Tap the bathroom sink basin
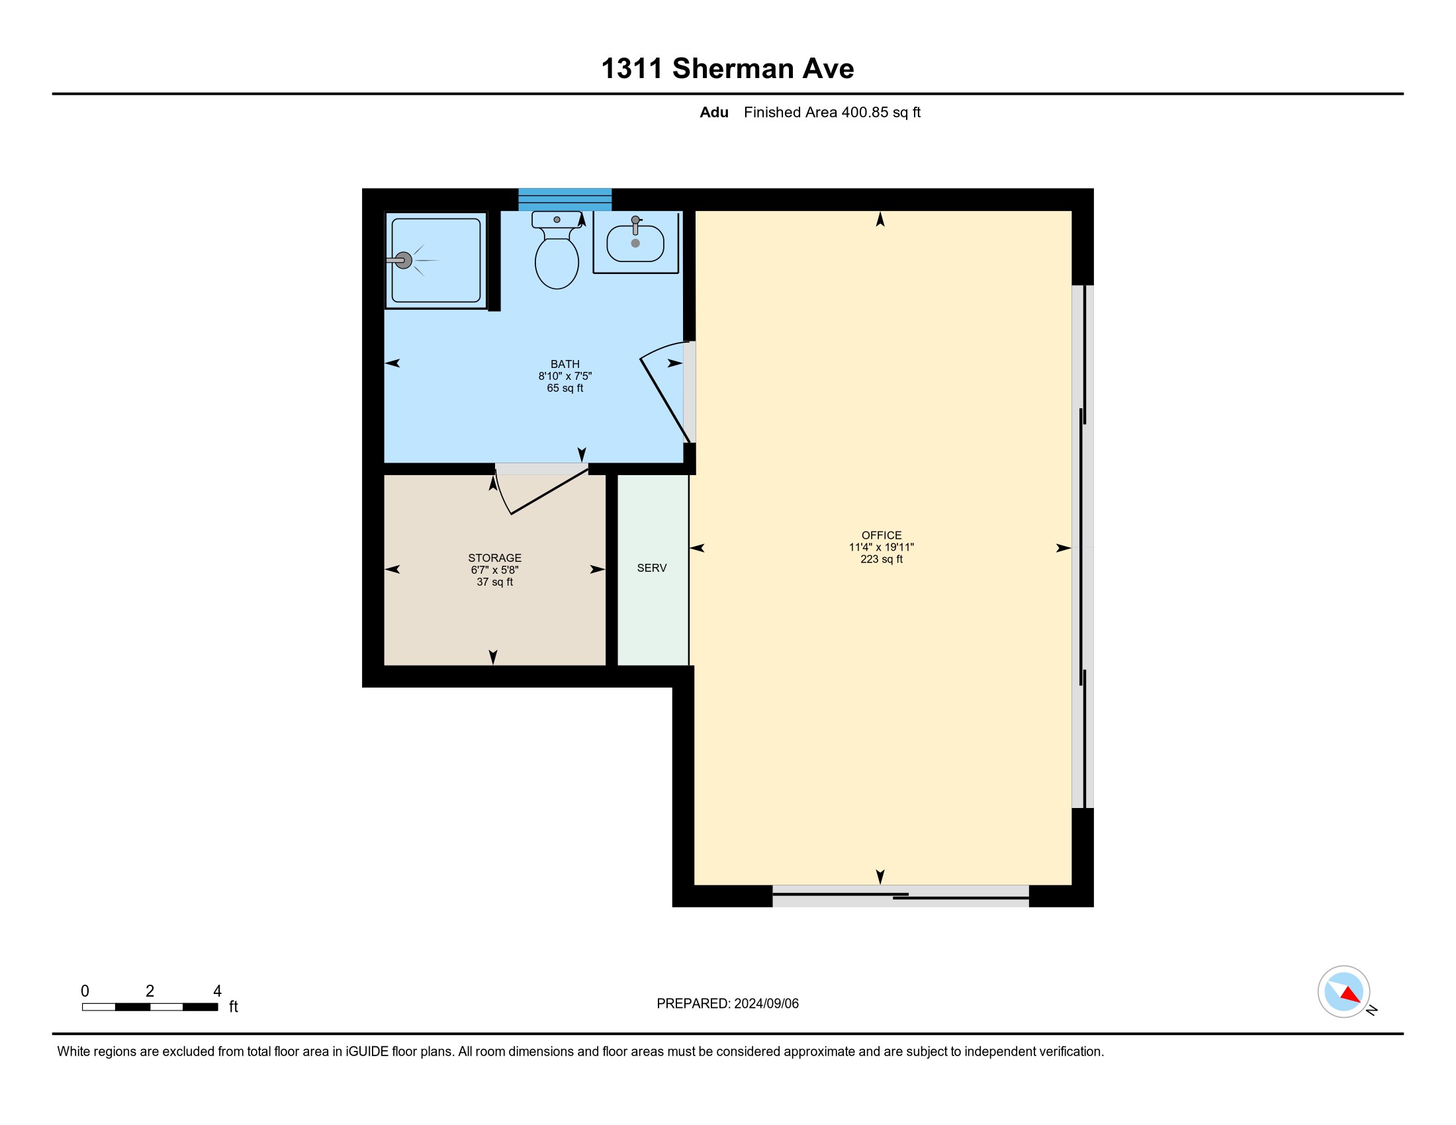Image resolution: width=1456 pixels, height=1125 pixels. coord(635,243)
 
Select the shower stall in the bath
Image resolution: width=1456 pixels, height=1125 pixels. coord(436,260)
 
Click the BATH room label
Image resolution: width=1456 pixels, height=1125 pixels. coord(565,364)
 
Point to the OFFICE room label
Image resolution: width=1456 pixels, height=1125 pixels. coord(882,535)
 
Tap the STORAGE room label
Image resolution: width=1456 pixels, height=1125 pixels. coord(494,558)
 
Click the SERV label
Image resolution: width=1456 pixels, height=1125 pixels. coord(652,568)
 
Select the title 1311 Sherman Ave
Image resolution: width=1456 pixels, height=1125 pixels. coord(727,69)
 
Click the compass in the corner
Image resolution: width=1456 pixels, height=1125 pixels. coord(1343,991)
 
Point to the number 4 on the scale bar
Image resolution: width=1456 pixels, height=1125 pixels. coord(217,991)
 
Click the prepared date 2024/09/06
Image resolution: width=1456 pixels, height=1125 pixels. coord(766,1003)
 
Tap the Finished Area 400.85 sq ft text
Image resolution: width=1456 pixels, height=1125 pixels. coord(832,112)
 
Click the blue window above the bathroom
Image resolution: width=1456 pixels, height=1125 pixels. coord(565,199)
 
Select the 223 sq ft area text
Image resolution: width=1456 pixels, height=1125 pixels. coord(882,559)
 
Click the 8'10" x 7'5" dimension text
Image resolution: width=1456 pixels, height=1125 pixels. coord(565,376)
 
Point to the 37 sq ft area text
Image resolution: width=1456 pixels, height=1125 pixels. coord(494,582)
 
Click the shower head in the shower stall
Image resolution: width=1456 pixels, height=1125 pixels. coord(402,261)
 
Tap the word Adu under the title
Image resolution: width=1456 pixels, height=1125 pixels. coord(714,112)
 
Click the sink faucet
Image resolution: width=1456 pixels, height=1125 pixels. coord(635,225)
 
